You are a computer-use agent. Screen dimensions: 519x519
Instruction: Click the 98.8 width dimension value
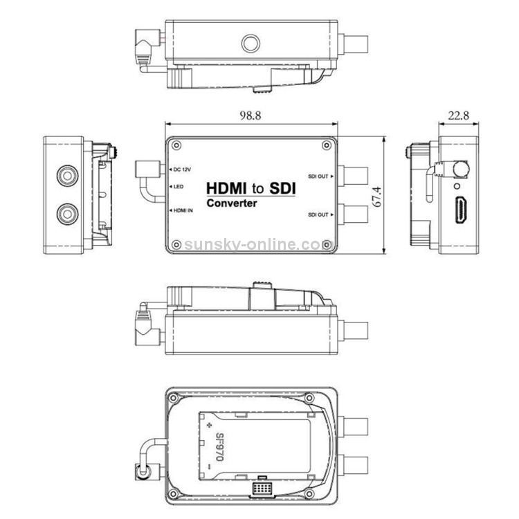pyautogui.click(x=251, y=116)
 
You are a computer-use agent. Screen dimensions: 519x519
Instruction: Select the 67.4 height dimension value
pyautogui.click(x=377, y=197)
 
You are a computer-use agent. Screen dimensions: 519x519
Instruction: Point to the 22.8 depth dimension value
pyautogui.click(x=458, y=116)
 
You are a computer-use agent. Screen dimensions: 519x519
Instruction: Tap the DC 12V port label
pyautogui.click(x=183, y=170)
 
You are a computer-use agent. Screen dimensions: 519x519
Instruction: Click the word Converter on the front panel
pyautogui.click(x=232, y=203)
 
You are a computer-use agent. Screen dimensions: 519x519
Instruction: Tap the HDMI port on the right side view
pyautogui.click(x=461, y=210)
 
